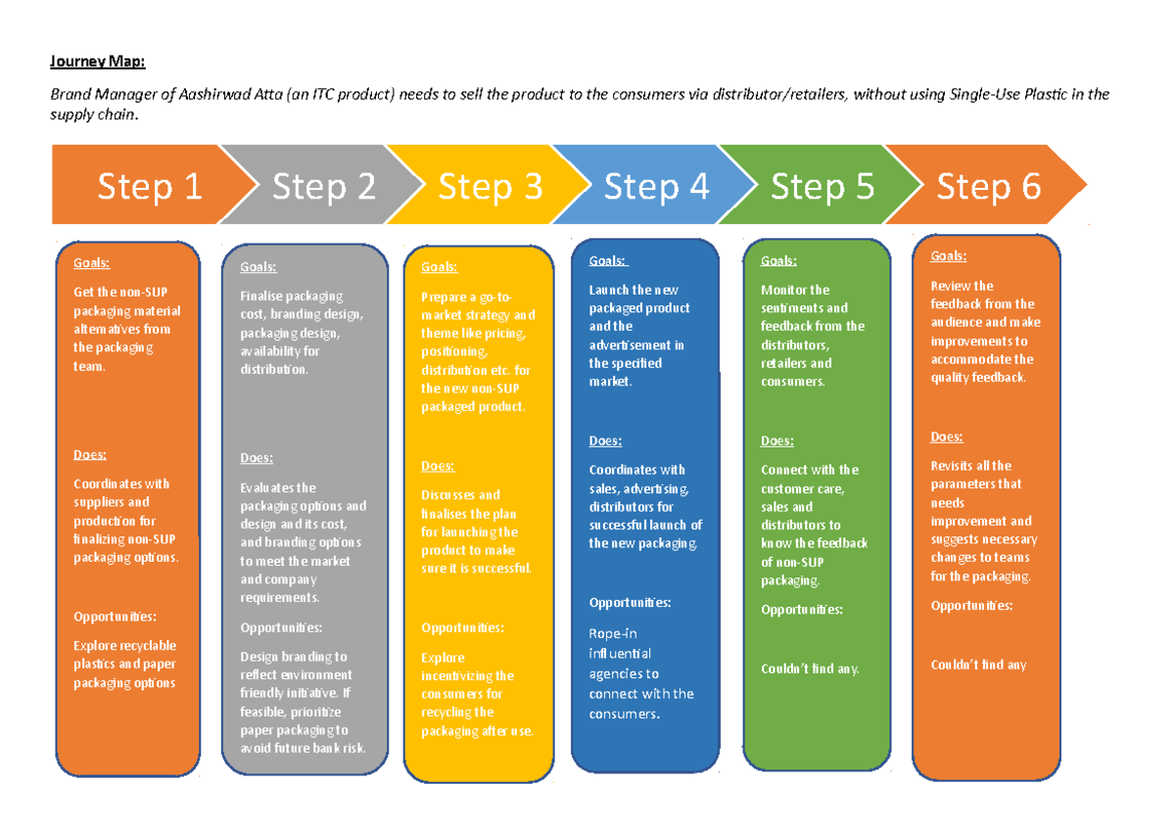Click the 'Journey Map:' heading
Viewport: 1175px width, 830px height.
click(97, 63)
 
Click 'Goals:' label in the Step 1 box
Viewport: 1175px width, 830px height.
click(91, 263)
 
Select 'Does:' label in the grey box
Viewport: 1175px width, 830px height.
click(257, 458)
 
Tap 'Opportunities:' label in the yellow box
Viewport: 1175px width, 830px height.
click(462, 628)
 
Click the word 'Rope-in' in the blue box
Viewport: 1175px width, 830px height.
click(613, 633)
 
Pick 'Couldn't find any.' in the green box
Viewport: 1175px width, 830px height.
click(810, 669)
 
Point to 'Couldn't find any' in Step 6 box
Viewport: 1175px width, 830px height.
click(977, 666)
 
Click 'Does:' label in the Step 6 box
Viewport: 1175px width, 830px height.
click(946, 438)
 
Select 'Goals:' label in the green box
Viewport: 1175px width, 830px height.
click(778, 260)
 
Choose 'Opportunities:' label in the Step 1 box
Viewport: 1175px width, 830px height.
click(115, 617)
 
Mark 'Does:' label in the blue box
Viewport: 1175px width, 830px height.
click(605, 441)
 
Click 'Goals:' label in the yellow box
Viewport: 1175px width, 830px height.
click(439, 267)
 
